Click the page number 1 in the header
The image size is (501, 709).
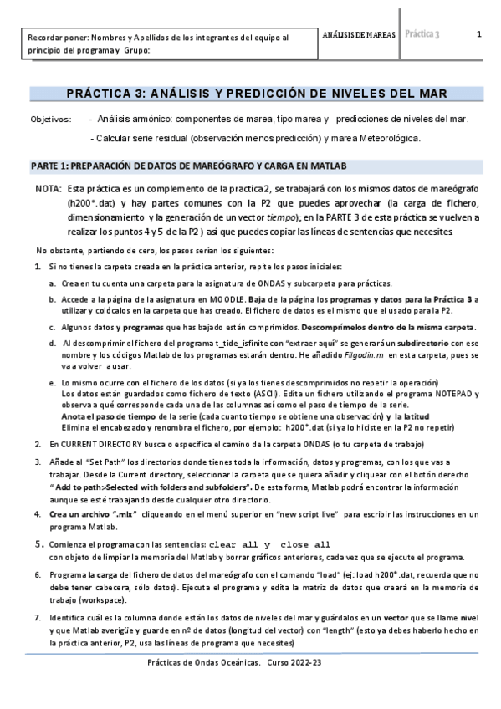point(478,34)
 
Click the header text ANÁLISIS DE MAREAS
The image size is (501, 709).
point(359,34)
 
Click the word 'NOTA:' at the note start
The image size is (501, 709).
point(49,190)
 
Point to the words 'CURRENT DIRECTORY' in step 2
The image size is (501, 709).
point(89,445)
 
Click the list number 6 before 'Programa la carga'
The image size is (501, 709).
point(38,574)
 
